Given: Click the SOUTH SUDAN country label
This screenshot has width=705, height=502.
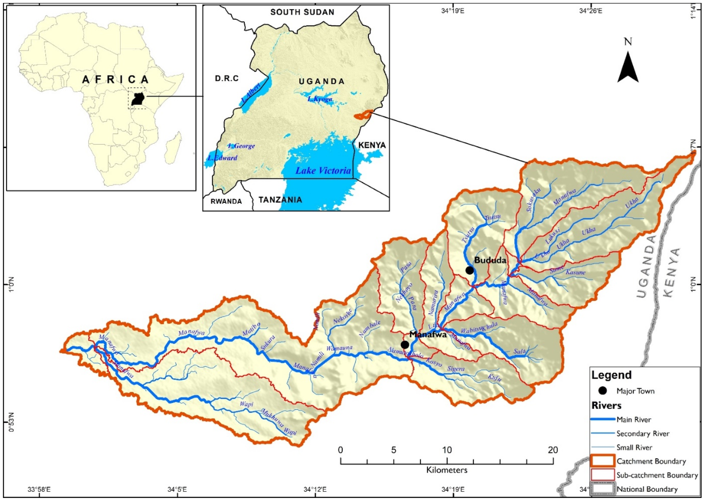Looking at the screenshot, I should click(x=302, y=12).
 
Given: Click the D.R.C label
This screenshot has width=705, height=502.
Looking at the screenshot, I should click(x=227, y=79).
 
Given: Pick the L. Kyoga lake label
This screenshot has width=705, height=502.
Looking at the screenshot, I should click(x=320, y=99).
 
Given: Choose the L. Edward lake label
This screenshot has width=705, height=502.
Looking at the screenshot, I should click(x=222, y=158).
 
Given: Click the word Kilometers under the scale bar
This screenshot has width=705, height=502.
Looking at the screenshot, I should click(x=447, y=470).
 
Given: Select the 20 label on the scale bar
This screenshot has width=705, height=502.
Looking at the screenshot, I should click(x=553, y=450).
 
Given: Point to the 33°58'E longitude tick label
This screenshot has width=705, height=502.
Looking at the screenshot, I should click(x=39, y=490).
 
